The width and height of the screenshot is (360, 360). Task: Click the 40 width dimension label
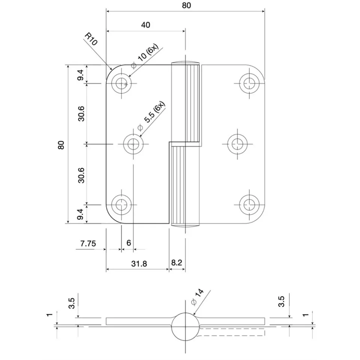[146, 25]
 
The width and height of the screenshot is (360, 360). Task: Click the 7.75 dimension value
[88, 243]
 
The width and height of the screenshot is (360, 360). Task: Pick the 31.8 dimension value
[139, 263]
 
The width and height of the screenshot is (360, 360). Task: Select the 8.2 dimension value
[176, 263]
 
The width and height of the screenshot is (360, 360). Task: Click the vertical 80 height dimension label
[61, 145]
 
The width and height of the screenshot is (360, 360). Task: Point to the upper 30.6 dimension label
[81, 113]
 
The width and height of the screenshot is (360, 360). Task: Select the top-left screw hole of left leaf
[121, 83]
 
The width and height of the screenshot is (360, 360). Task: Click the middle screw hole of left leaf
[133, 143]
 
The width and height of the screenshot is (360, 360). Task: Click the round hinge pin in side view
[185, 326]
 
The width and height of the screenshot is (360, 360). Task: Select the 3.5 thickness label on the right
[282, 301]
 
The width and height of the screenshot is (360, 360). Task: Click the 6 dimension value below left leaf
[128, 243]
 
